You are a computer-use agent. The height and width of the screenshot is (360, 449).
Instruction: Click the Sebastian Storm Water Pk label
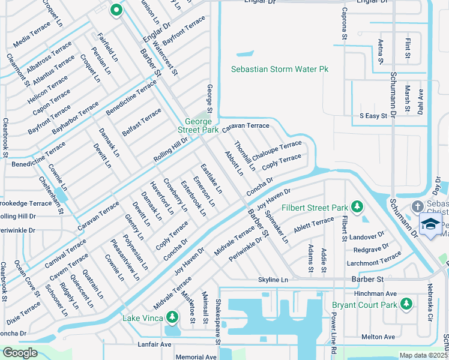280,70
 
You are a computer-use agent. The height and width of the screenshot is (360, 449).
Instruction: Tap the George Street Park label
197,125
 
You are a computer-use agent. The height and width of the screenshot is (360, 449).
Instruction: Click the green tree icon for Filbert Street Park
357,207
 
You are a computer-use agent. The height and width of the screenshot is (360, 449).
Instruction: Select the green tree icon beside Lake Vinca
172,316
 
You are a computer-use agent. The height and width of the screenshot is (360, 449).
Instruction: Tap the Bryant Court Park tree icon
406,304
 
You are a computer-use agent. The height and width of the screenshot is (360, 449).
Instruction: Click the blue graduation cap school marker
430,224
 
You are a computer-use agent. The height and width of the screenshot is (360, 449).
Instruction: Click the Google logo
20,352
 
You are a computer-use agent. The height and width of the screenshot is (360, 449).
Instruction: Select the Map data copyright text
423,355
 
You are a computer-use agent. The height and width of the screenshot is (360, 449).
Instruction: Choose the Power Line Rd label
334,334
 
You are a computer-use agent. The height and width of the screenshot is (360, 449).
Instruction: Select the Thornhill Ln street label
245,155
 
